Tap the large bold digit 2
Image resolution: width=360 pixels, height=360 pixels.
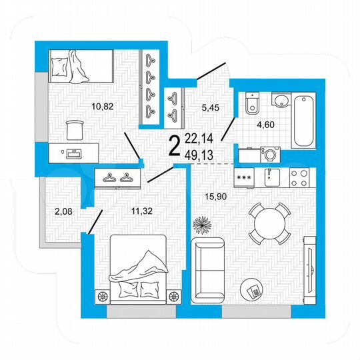pyautogui.click(x=175, y=145)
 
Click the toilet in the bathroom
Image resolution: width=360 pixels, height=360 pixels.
pyautogui.click(x=251, y=104)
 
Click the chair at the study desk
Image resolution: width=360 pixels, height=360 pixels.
pyautogui.click(x=75, y=127)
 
